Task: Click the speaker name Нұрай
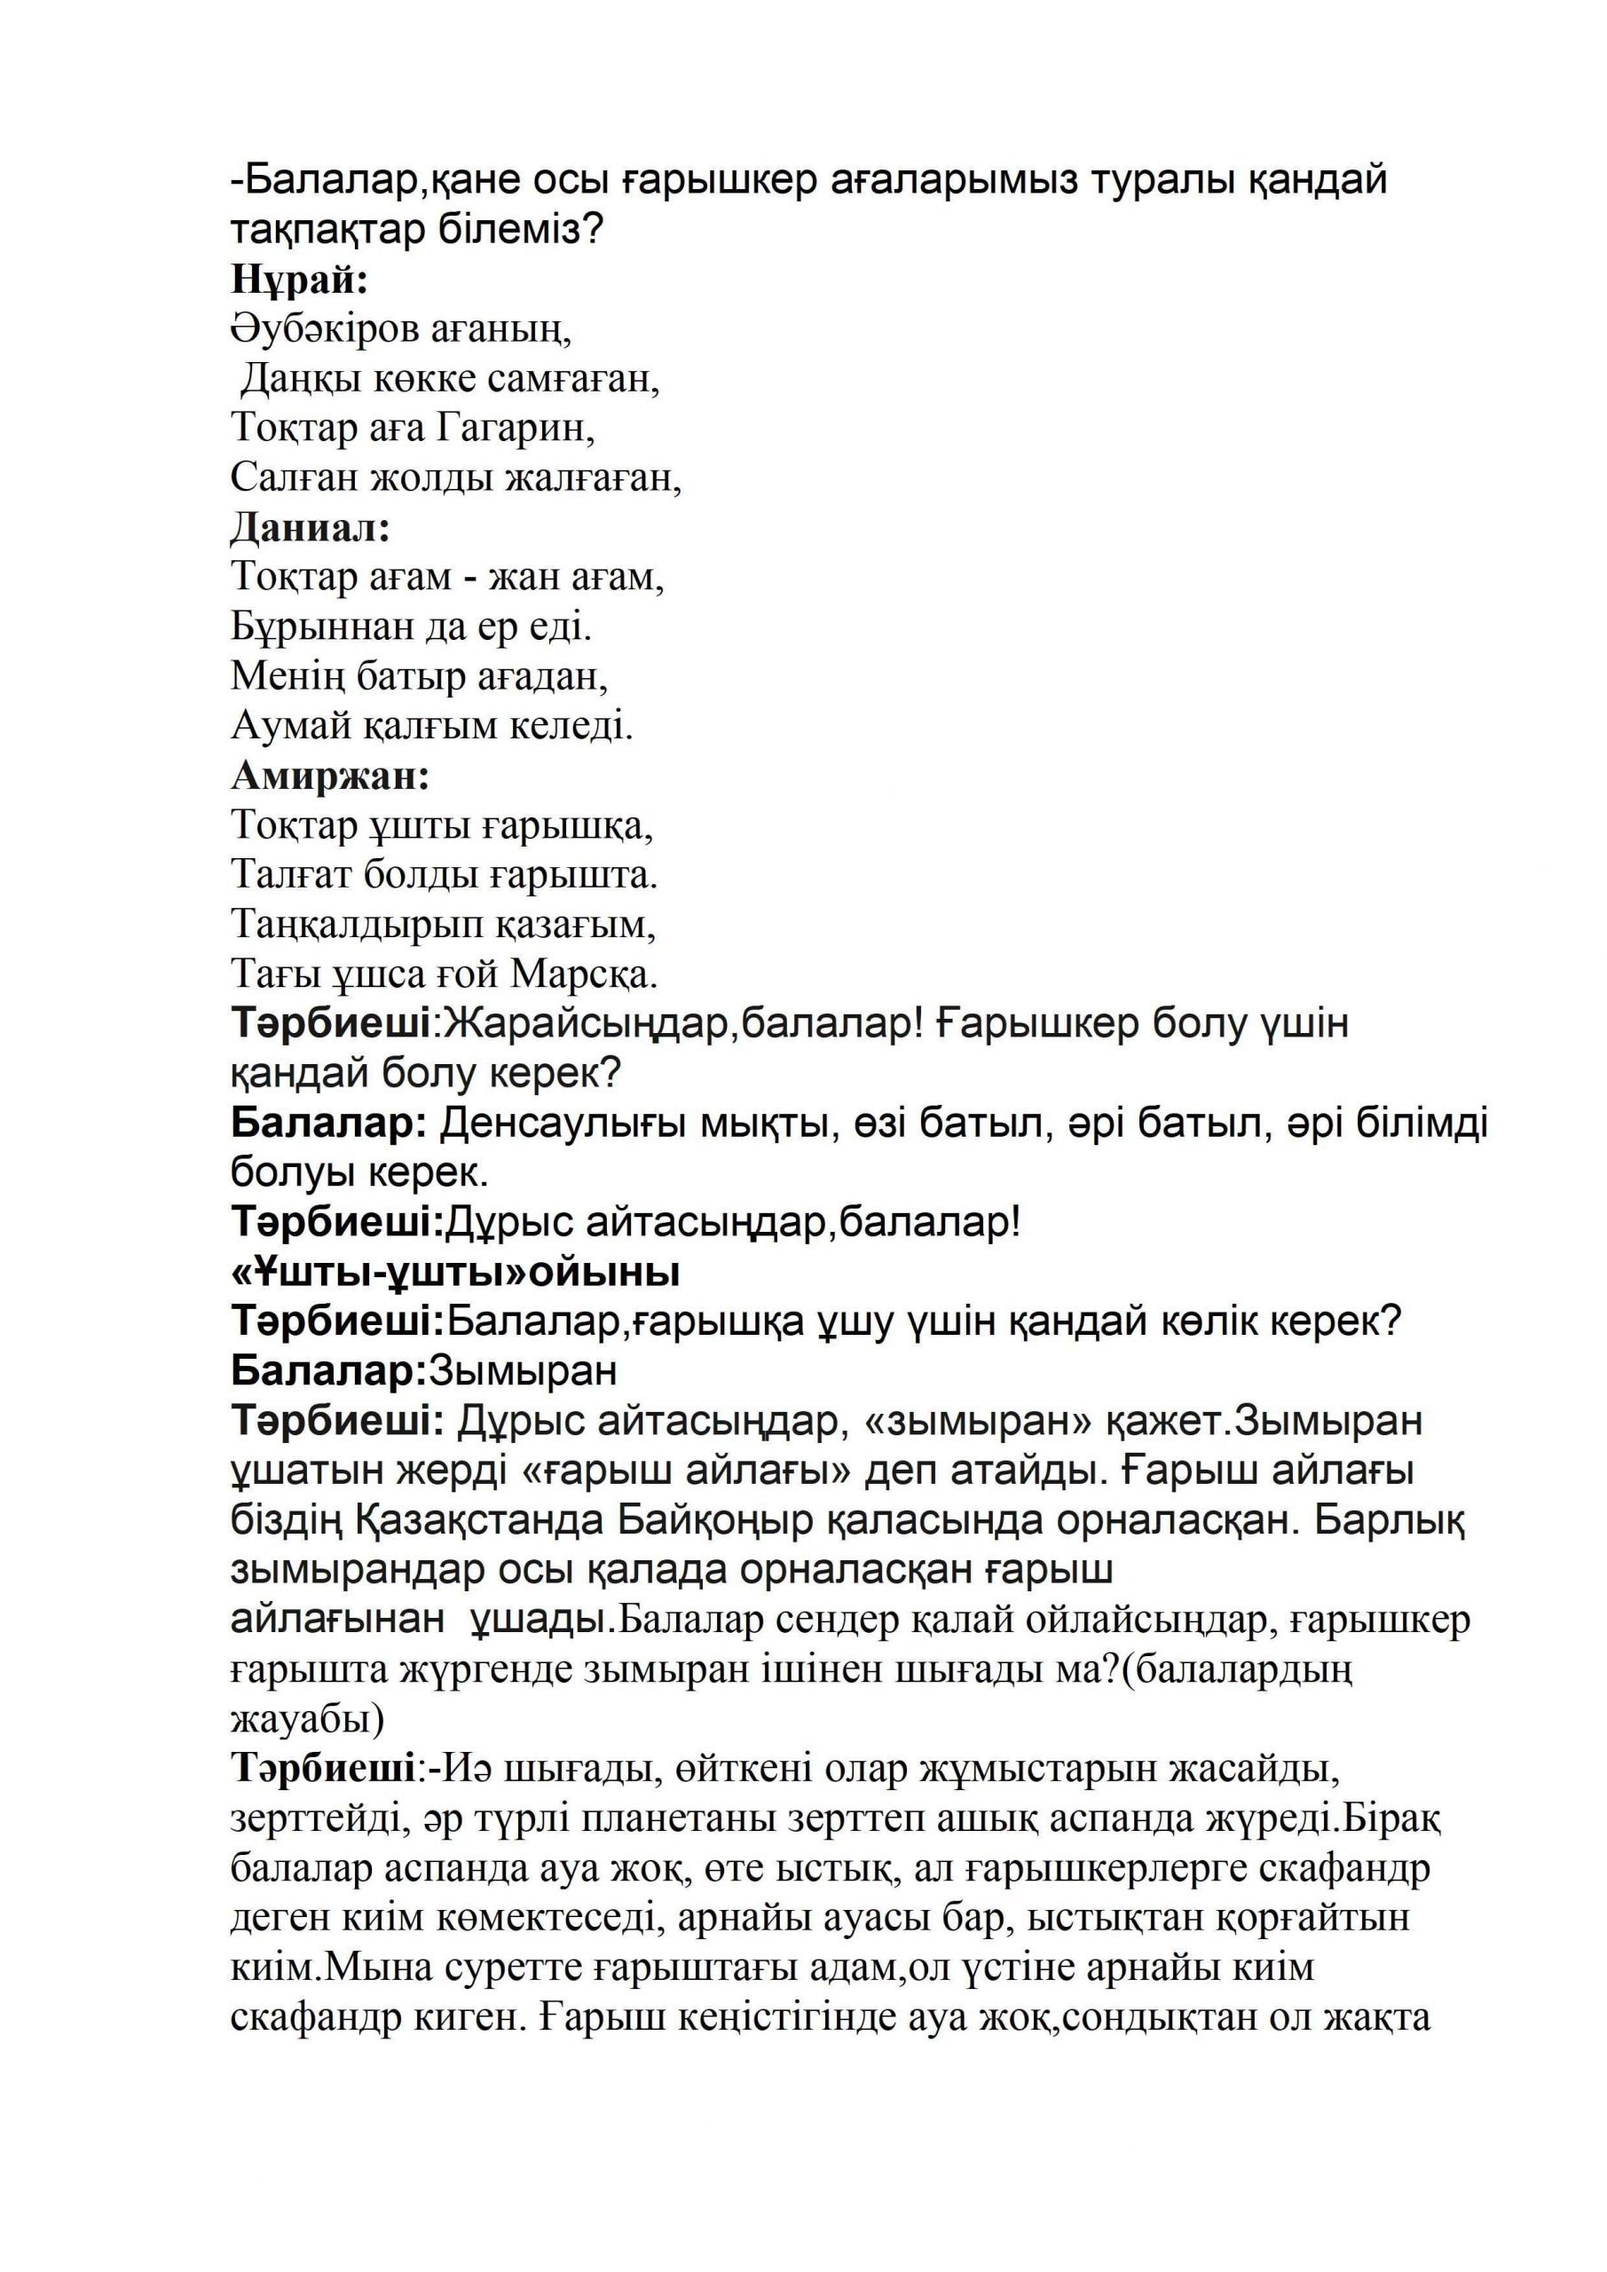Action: point(299,281)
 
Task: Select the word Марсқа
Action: point(584,974)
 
